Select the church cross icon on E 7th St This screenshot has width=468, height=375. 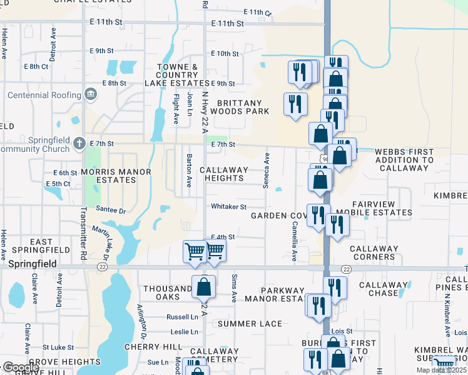[79, 143]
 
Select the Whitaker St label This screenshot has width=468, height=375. [229, 206]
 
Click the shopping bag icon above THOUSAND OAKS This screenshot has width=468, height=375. [203, 287]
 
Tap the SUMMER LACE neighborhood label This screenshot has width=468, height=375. [250, 324]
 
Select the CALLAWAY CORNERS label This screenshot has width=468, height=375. [374, 252]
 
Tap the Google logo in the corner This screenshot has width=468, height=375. [21, 367]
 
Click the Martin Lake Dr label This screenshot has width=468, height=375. [101, 244]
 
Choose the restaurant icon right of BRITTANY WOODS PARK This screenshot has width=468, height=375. [295, 104]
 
